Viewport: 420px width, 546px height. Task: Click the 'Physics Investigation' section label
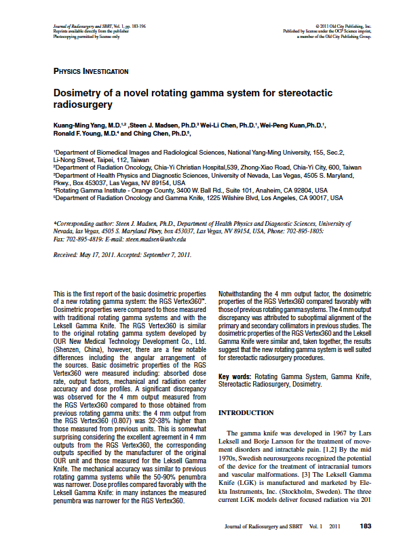[x=90, y=71]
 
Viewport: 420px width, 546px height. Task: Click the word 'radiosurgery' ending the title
[x=82, y=106]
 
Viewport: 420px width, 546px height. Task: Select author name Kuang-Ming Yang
[x=83, y=126]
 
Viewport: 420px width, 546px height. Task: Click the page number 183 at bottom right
[x=366, y=526]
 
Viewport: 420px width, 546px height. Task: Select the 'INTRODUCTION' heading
[x=246, y=412]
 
